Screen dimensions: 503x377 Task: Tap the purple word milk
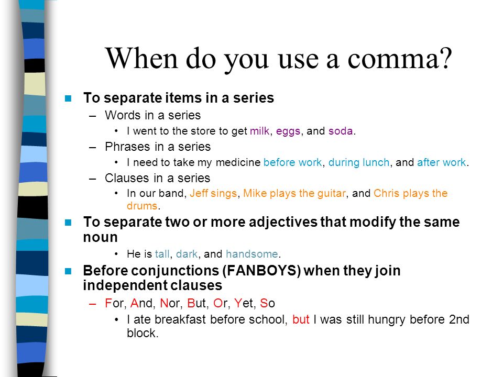(x=259, y=131)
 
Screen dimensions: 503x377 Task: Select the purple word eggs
(x=288, y=131)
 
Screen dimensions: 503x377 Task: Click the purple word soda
(x=341, y=131)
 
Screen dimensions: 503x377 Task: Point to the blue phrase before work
(x=292, y=162)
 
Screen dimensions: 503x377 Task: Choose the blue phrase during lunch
(x=359, y=162)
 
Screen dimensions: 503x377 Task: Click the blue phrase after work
(x=441, y=162)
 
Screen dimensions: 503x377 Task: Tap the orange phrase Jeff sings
(x=213, y=193)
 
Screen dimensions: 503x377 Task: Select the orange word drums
(x=142, y=206)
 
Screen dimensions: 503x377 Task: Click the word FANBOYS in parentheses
(x=261, y=271)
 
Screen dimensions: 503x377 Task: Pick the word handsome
(x=252, y=254)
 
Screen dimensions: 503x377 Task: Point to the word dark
(x=187, y=254)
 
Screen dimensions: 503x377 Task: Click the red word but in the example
(x=301, y=319)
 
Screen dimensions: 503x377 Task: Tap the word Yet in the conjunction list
(x=244, y=303)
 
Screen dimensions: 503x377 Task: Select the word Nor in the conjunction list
(x=170, y=303)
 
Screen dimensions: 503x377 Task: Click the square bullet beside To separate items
(x=68, y=98)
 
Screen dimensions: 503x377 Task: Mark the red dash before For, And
(x=93, y=304)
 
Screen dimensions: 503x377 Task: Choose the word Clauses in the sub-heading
(x=127, y=178)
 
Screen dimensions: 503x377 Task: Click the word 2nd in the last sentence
(x=459, y=319)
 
